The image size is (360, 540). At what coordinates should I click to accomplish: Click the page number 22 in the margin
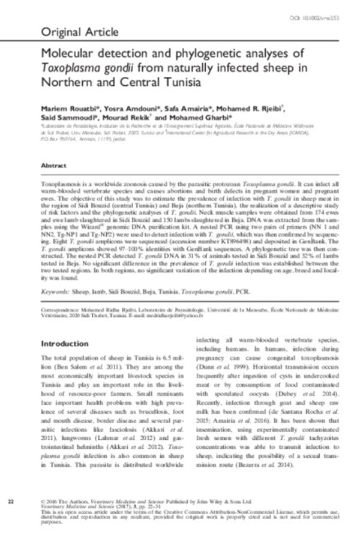pyautogui.click(x=10, y=500)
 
